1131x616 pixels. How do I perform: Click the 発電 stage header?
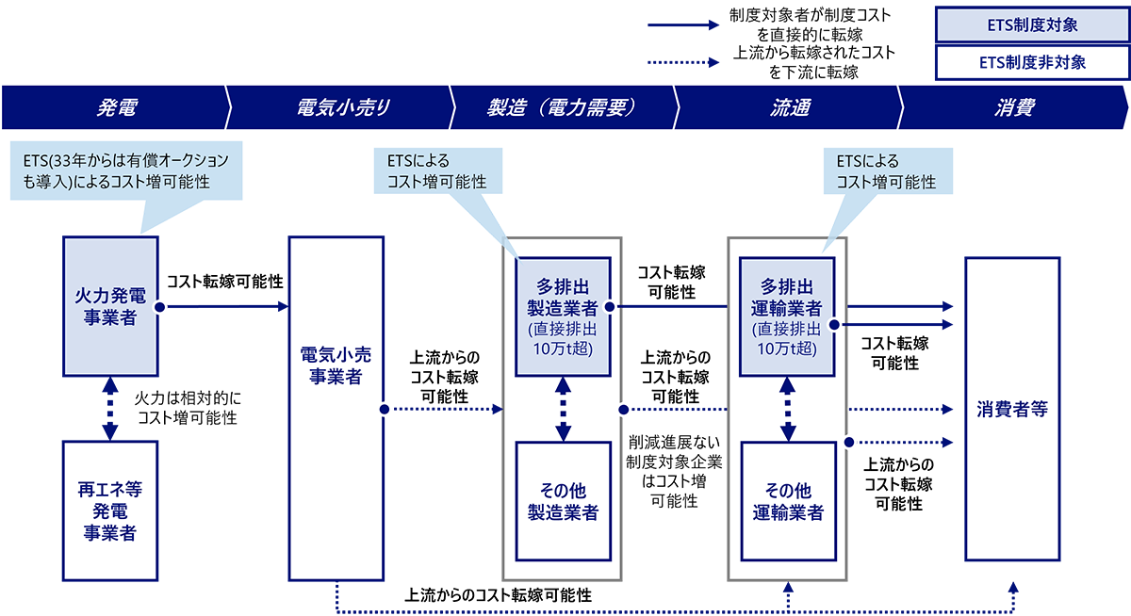coord(114,107)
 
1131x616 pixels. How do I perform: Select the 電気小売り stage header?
coord(336,107)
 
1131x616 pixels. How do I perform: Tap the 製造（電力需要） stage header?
coord(562,107)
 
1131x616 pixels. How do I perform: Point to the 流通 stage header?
coord(787,107)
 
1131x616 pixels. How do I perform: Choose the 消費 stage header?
coord(1013,107)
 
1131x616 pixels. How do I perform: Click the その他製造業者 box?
coord(564,501)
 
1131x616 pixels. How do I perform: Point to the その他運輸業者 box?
coord(789,501)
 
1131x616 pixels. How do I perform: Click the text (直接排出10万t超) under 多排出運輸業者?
coord(789,339)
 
